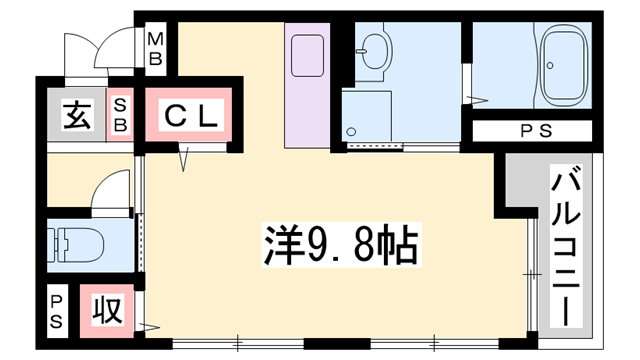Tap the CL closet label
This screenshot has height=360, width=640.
pyautogui.click(x=190, y=117)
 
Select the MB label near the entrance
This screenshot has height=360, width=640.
pyautogui.click(x=155, y=49)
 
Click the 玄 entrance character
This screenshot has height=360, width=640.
pyautogui.click(x=77, y=116)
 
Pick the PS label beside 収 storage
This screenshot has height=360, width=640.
pyautogui.click(x=57, y=311)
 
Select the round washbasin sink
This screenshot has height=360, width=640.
pyautogui.click(x=375, y=49)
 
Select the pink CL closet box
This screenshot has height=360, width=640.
pyautogui.click(x=190, y=117)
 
